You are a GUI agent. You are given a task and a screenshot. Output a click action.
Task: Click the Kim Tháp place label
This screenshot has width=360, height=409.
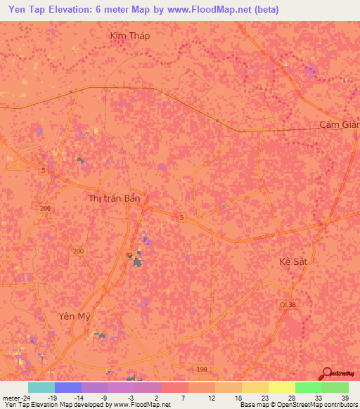[x=131, y=35]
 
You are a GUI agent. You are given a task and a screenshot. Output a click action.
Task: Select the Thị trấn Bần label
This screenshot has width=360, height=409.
[x=115, y=198]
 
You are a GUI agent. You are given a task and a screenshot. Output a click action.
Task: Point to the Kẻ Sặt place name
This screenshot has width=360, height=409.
[x=293, y=261]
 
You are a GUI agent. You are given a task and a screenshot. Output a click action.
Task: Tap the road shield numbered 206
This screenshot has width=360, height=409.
[x=46, y=209]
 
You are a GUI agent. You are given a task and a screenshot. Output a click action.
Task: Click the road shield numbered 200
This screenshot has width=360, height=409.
[x=78, y=251]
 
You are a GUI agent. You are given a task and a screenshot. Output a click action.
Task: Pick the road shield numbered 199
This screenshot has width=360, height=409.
[x=202, y=368]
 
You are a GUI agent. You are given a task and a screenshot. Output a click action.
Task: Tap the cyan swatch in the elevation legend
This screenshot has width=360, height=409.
[x=41, y=387]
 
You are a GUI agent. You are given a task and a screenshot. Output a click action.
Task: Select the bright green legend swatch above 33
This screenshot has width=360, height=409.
[x=308, y=387]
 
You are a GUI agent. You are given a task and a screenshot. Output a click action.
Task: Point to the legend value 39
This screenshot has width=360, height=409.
[x=344, y=398]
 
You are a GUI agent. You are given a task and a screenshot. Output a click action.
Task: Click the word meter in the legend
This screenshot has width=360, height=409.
[x=11, y=398]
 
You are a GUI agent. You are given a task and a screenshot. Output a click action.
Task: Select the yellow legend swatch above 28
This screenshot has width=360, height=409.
[x=281, y=387]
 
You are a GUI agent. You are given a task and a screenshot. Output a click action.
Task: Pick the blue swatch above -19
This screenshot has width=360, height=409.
[x=68, y=387]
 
